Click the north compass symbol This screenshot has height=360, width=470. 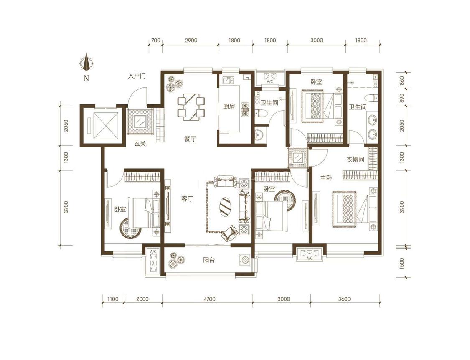point(86,62)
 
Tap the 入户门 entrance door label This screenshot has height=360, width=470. point(137,76)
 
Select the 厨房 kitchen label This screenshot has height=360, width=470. point(229,106)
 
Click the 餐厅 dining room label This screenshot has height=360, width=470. point(190,139)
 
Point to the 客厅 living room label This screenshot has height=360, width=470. point(187,199)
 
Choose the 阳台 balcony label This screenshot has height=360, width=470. point(208,260)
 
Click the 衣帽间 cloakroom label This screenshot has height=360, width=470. point(355,160)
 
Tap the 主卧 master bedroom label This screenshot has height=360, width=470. point(326,178)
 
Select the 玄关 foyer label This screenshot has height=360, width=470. point(140,144)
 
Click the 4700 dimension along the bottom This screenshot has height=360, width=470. point(209,299)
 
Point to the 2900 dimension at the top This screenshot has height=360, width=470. point(191,40)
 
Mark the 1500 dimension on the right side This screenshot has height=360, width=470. point(402,263)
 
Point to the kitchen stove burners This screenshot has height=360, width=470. point(245,110)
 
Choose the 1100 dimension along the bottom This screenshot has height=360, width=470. point(113,299)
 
